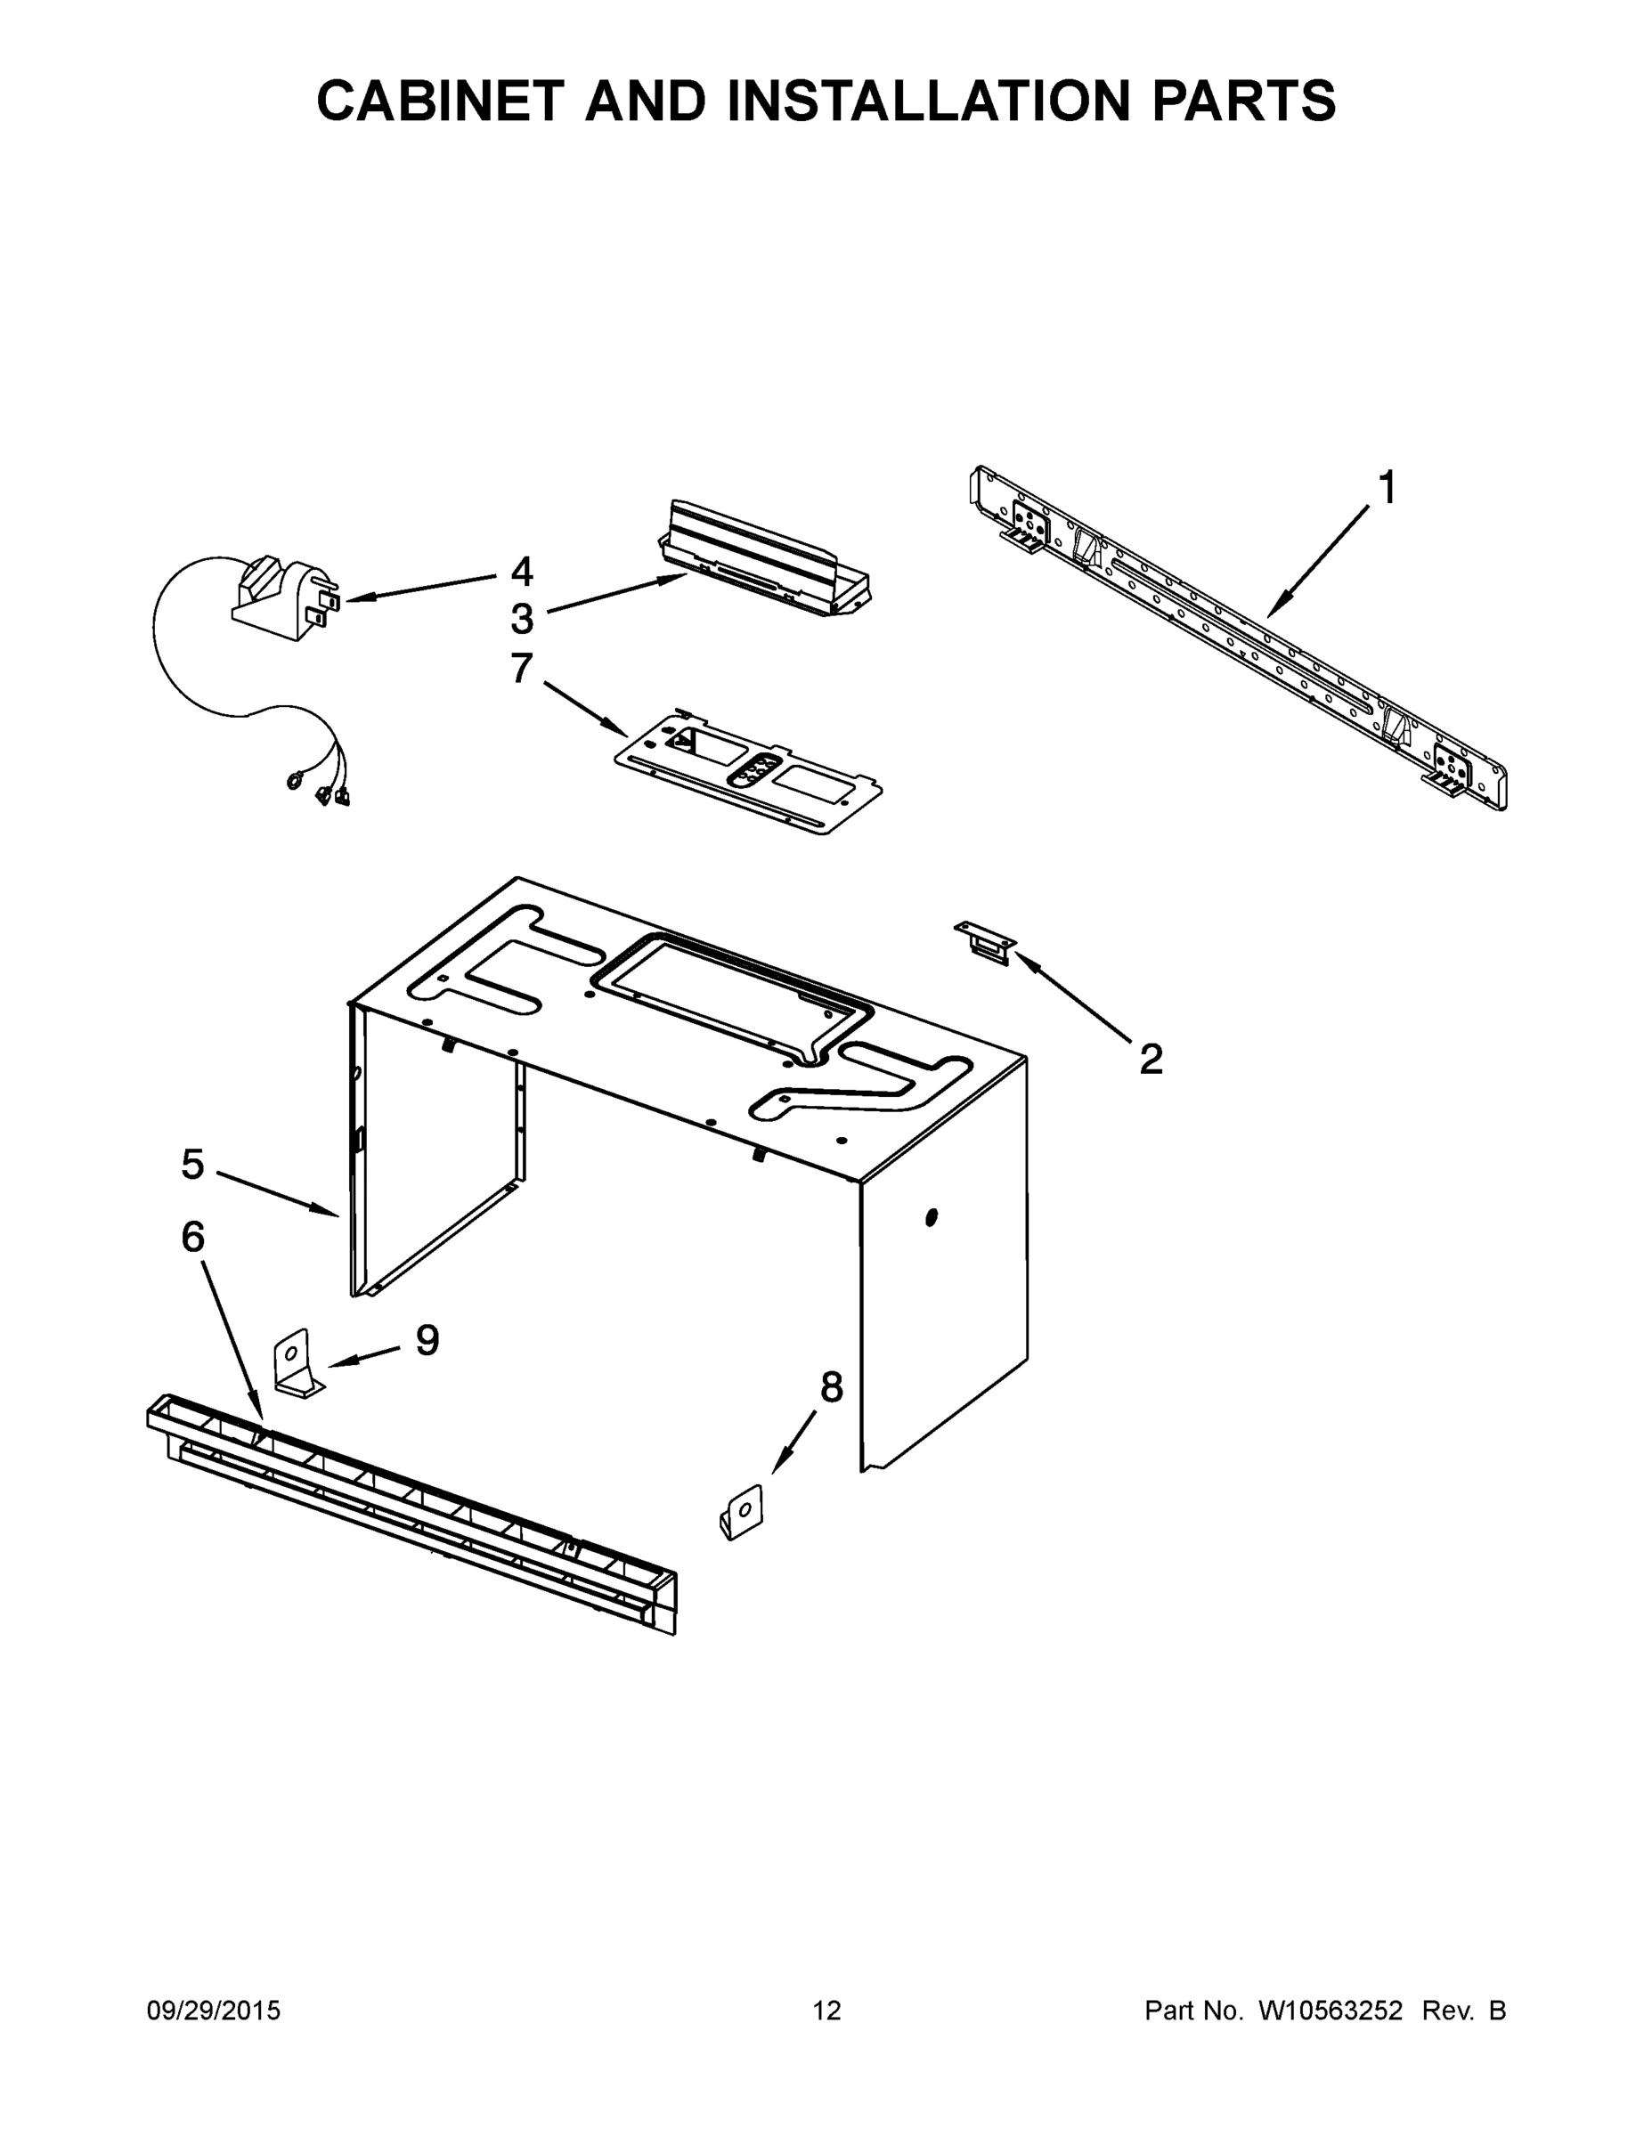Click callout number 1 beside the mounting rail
(1387, 487)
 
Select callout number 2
(1151, 1059)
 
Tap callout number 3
(523, 619)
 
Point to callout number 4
(523, 572)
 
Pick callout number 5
(192, 1165)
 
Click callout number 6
(192, 1237)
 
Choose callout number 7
(522, 669)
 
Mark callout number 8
(831, 1386)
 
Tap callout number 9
(427, 1339)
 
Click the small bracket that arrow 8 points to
(742, 1513)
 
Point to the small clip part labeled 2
(986, 941)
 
